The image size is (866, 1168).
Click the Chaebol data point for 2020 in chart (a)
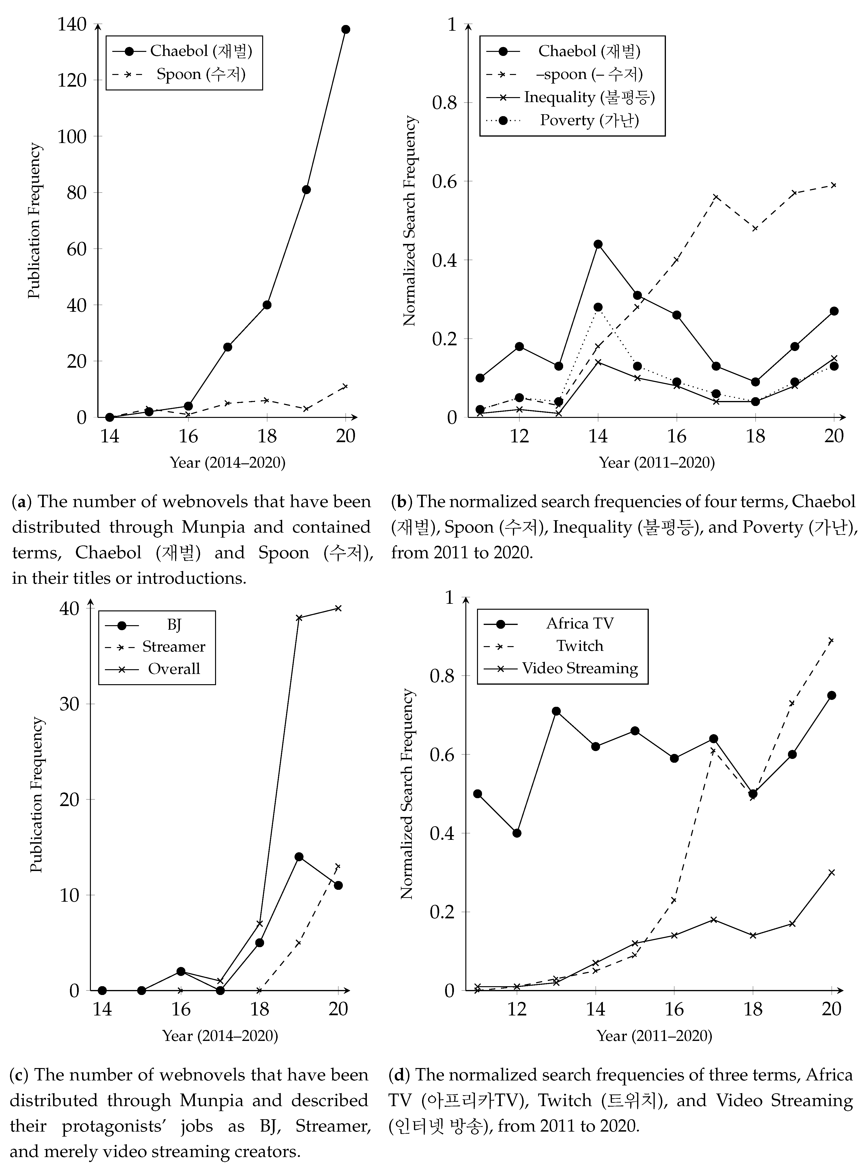click(x=345, y=29)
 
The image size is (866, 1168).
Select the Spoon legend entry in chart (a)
click(x=201, y=74)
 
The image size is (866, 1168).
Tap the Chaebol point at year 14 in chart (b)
click(x=598, y=244)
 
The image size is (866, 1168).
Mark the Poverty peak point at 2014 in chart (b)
click(x=598, y=307)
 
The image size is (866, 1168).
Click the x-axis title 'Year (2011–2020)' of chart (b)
click(x=657, y=462)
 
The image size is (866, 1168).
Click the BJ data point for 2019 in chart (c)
click(x=299, y=856)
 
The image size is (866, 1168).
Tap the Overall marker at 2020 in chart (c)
click(x=338, y=608)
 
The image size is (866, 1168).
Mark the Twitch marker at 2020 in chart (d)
click(x=831, y=641)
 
